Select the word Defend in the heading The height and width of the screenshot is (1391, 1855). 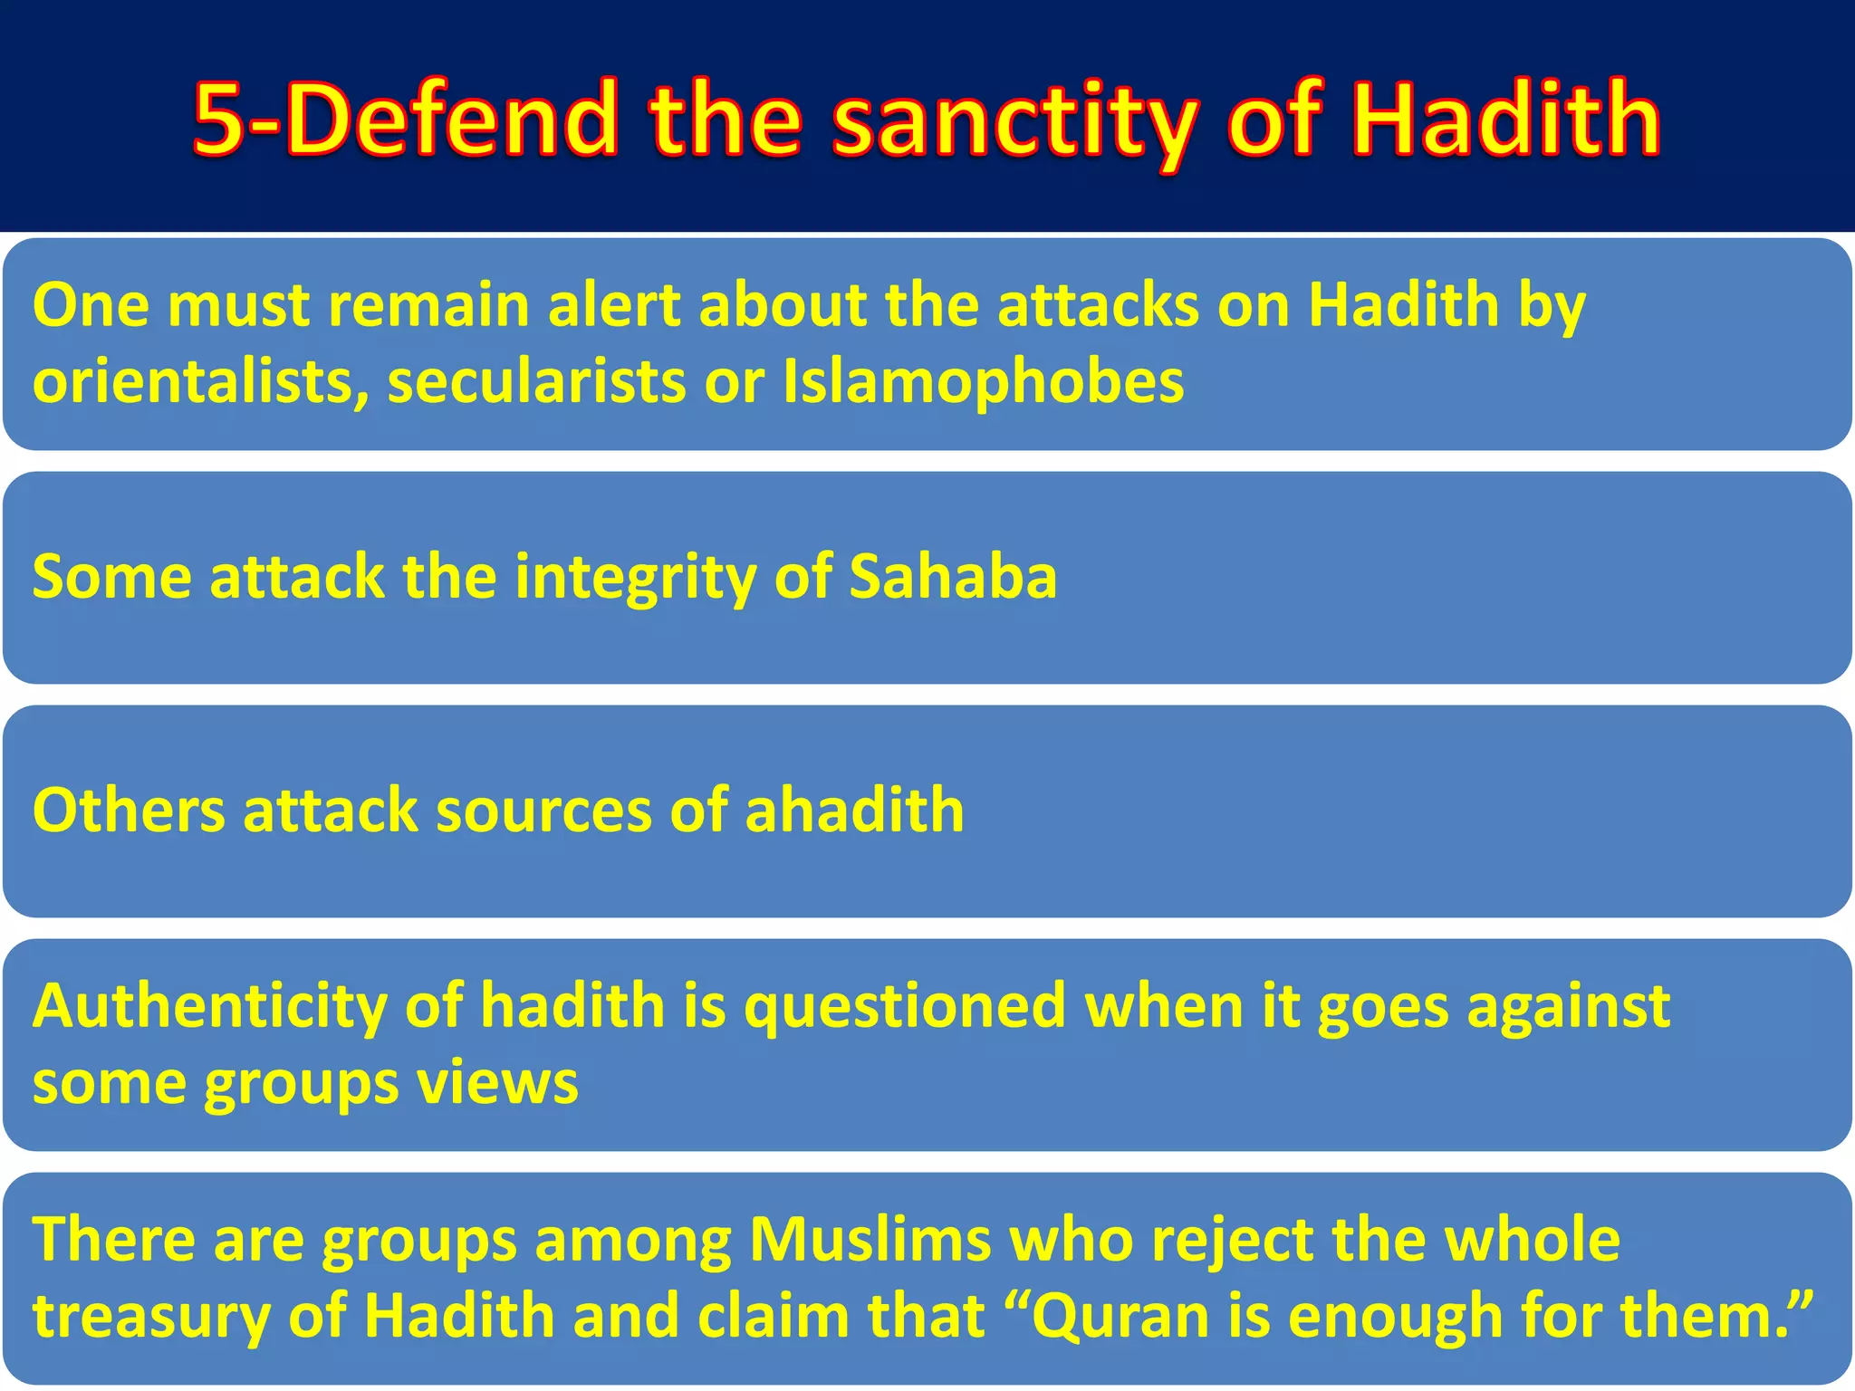pos(453,119)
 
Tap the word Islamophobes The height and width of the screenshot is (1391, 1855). pos(983,381)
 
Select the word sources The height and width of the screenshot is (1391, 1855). pos(543,811)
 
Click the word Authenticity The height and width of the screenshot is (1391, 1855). pos(209,1007)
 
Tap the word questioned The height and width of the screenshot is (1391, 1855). pos(905,1007)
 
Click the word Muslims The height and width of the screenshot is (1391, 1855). pos(870,1240)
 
